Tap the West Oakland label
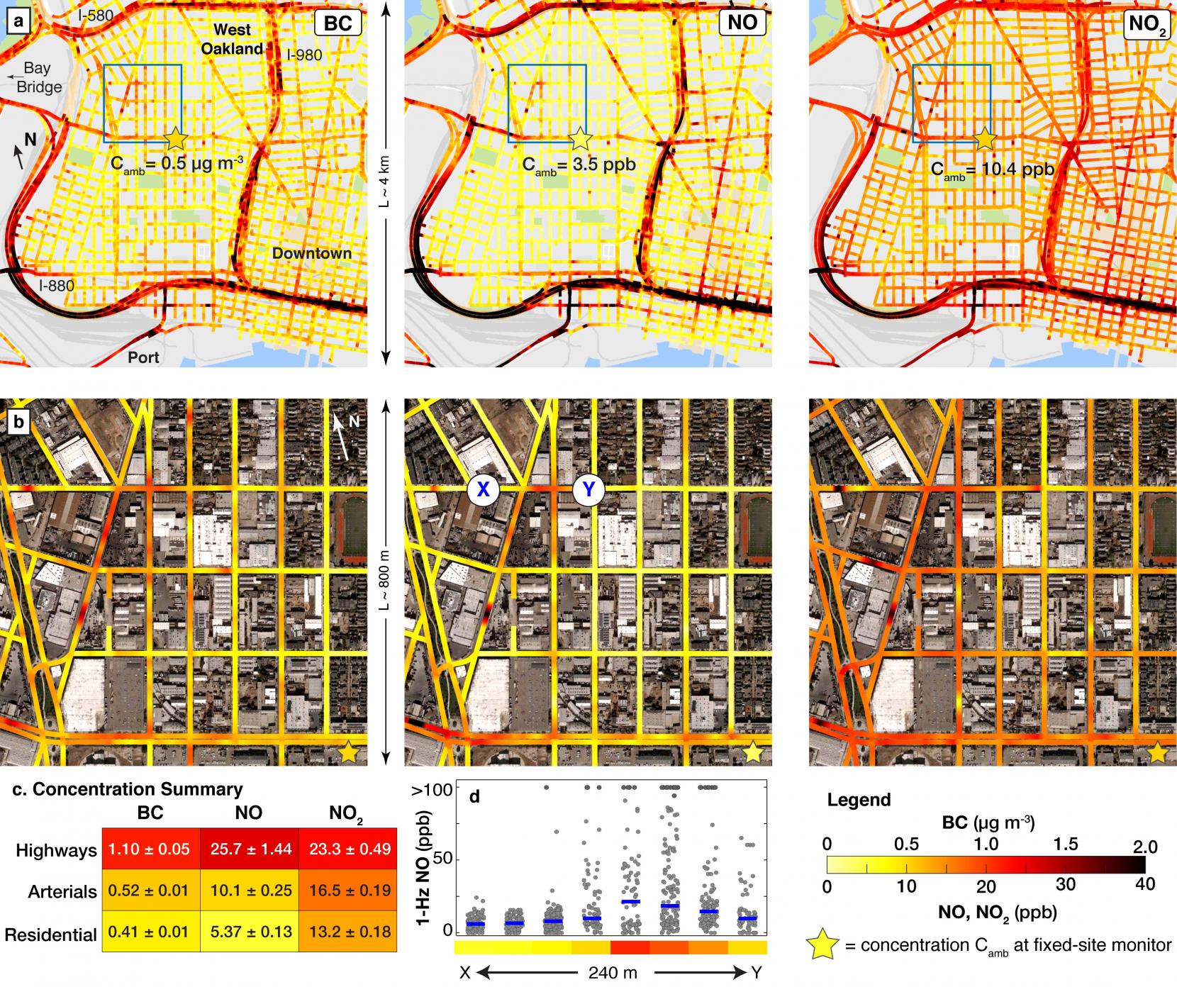pyautogui.click(x=234, y=40)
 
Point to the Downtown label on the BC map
pyautogui.click(x=311, y=253)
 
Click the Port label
pyautogui.click(x=143, y=357)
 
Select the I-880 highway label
pyautogui.click(x=57, y=286)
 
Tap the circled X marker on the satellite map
pyautogui.click(x=484, y=490)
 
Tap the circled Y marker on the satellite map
pyautogui.click(x=588, y=490)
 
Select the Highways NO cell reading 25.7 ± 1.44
pyautogui.click(x=249, y=848)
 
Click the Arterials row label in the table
pyautogui.click(x=62, y=891)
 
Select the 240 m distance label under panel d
pyautogui.click(x=610, y=973)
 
